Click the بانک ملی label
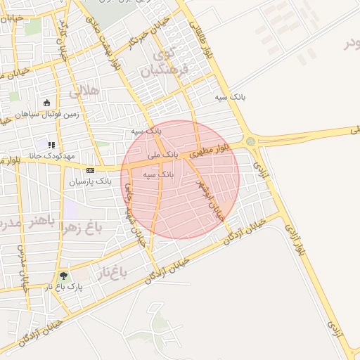[162, 153]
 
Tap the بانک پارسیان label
[90, 181]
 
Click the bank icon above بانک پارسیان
[90, 170]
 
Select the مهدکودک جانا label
[51, 155]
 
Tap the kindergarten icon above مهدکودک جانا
[51, 145]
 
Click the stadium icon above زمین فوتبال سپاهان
[47, 103]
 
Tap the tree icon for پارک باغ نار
[64, 276]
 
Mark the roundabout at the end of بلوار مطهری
[251, 142]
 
